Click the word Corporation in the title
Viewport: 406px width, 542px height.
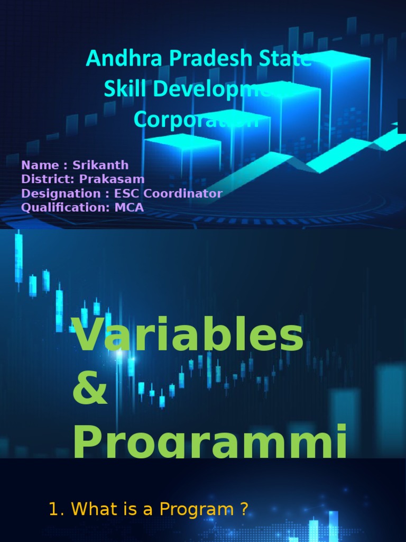click(196, 120)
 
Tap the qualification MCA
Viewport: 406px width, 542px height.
click(129, 207)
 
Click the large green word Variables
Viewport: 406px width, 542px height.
click(189, 337)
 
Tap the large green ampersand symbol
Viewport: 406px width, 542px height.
click(90, 393)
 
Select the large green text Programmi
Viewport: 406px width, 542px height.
click(210, 442)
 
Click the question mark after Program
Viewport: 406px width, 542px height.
click(243, 510)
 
